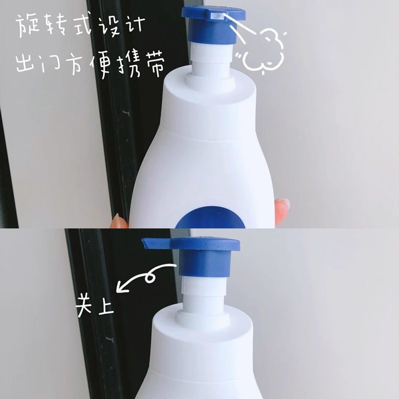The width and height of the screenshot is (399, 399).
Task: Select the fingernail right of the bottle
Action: coord(283,205)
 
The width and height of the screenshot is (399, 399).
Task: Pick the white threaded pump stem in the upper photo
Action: coord(209,60)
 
